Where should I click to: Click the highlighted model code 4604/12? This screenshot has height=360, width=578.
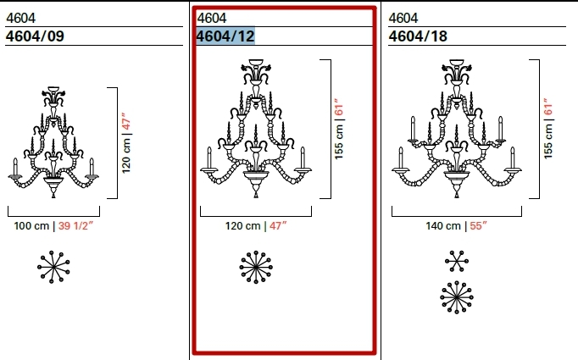click(225, 36)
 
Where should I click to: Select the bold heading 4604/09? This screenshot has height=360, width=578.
click(35, 36)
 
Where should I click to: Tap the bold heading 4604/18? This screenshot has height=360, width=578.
click(418, 36)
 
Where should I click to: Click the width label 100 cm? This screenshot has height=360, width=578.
click(31, 226)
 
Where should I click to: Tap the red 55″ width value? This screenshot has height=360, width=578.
click(479, 226)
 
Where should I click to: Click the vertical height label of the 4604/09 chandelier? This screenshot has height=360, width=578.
click(126, 143)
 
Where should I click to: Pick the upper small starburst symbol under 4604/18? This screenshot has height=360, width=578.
click(457, 262)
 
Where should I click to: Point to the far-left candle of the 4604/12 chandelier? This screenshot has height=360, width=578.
click(209, 159)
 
